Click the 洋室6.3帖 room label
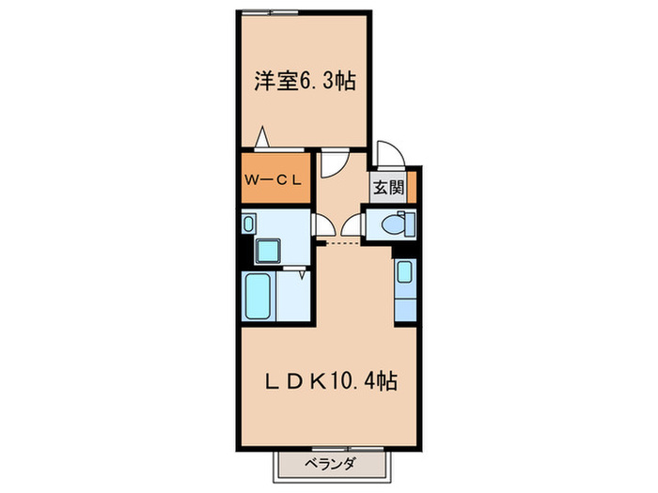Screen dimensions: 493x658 tap(304, 82)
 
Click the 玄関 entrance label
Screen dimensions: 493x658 tap(388, 186)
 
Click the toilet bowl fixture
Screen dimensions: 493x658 tap(395, 224)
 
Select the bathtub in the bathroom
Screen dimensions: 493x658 tap(258, 296)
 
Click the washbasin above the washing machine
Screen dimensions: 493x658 tap(249, 223)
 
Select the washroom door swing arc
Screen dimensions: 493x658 tap(324, 224)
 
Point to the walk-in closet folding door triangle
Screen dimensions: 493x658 tap(266, 137)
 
